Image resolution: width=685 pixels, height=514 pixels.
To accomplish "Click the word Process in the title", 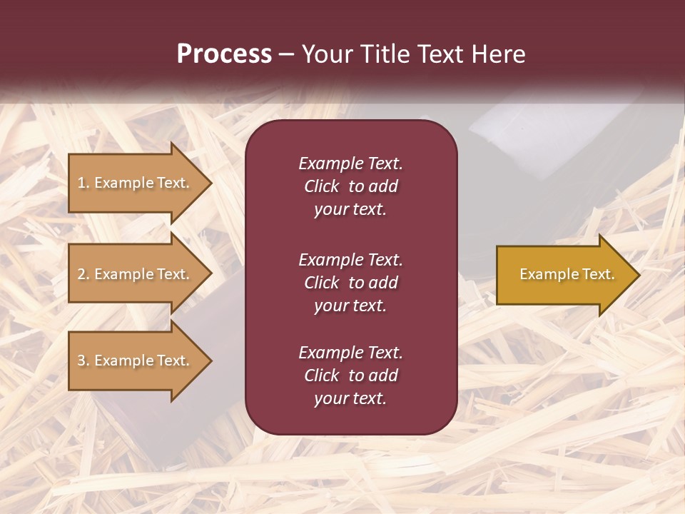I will click(x=224, y=54).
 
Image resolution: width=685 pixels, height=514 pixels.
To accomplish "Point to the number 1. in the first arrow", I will click(x=83, y=183).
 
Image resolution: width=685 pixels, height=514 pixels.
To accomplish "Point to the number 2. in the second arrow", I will click(x=83, y=274).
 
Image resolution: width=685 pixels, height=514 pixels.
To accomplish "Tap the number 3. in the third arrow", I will click(x=83, y=361).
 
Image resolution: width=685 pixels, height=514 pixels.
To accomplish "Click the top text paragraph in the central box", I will click(x=350, y=186).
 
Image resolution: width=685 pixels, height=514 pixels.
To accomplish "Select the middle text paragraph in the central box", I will click(x=350, y=283).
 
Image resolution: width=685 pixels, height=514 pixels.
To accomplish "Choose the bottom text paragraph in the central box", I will click(x=350, y=376).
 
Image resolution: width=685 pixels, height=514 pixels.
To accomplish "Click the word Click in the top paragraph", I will click(x=321, y=186).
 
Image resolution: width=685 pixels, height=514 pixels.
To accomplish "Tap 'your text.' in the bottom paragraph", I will click(x=350, y=398).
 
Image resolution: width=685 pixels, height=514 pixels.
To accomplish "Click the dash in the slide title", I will click(x=286, y=54).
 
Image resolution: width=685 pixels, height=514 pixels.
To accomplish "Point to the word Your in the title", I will click(x=325, y=54).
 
